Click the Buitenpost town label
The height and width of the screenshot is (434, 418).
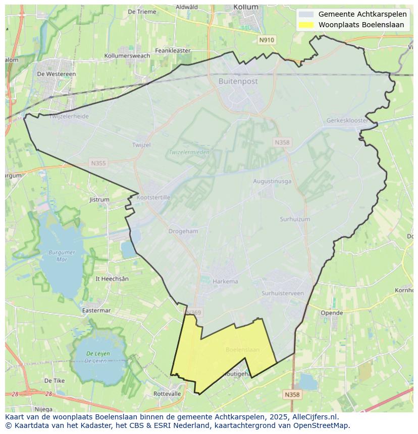pyautogui.click(x=238, y=81)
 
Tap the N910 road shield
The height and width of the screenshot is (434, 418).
pyautogui.click(x=267, y=40)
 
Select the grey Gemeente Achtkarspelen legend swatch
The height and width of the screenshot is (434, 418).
pyautogui.click(x=306, y=15)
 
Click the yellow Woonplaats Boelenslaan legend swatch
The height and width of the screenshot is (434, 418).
pyautogui.click(x=306, y=25)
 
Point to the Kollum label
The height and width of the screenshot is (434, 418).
pyautogui.click(x=246, y=7)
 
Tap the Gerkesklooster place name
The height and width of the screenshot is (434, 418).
pyautogui.click(x=347, y=121)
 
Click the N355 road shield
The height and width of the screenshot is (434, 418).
pyautogui.click(x=98, y=163)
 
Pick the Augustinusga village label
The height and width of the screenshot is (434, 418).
pyautogui.click(x=272, y=181)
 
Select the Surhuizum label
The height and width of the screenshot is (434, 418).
pyautogui.click(x=295, y=219)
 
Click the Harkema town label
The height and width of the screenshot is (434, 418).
pyautogui.click(x=225, y=282)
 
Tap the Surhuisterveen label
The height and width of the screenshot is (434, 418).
pyautogui.click(x=283, y=293)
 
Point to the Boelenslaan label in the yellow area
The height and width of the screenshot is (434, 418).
pyautogui.click(x=242, y=349)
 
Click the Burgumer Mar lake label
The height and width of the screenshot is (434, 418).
pyautogui.click(x=62, y=256)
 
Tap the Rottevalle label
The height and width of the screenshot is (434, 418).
pyautogui.click(x=167, y=394)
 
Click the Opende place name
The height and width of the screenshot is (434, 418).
pyautogui.click(x=332, y=313)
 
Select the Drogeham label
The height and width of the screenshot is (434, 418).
pyautogui.click(x=183, y=231)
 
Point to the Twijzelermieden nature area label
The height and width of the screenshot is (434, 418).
pyautogui.click(x=189, y=152)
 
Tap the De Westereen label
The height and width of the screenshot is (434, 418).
pyautogui.click(x=57, y=74)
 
